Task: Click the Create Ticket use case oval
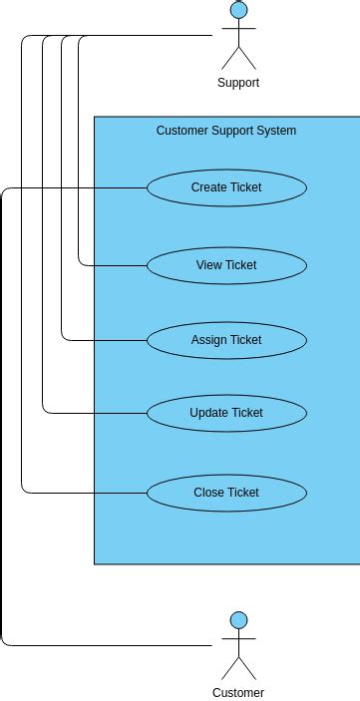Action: pos(226,187)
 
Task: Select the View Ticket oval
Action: pos(226,265)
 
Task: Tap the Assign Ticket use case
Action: pos(226,340)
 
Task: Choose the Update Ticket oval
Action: pos(226,413)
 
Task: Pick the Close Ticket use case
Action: pos(226,493)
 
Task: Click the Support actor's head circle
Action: pos(238,11)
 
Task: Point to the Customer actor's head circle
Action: pos(238,620)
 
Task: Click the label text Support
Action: pos(238,83)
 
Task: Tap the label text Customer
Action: pos(238,692)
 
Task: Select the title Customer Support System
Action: pos(226,131)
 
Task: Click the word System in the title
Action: pos(276,131)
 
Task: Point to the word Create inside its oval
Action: pos(208,187)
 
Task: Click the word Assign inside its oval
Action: pos(209,340)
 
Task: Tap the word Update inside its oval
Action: pos(208,413)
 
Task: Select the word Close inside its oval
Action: pos(208,493)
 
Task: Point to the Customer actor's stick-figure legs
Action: pos(238,667)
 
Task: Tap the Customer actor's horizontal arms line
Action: pos(238,639)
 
